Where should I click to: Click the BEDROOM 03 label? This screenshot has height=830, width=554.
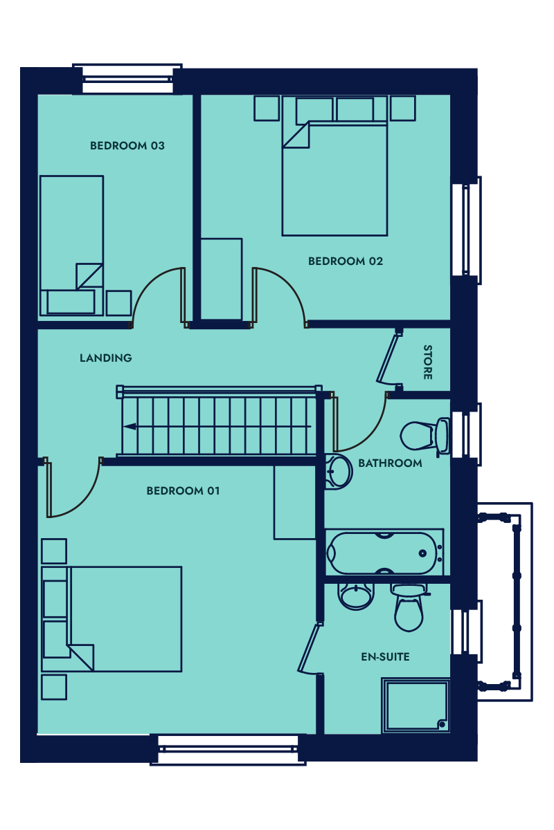click(x=127, y=146)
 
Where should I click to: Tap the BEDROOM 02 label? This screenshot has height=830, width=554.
click(x=346, y=261)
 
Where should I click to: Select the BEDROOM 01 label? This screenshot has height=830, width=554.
click(x=184, y=490)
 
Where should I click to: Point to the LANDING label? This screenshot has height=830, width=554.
click(x=106, y=358)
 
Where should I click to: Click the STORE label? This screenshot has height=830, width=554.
click(x=428, y=362)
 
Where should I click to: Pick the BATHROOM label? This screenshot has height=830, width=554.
click(x=390, y=463)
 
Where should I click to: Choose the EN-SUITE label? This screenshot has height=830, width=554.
click(x=385, y=657)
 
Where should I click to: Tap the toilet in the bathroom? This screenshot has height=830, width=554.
click(x=425, y=436)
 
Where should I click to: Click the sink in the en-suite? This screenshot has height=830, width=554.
click(x=355, y=596)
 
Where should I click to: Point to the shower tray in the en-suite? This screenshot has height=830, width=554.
click(x=416, y=706)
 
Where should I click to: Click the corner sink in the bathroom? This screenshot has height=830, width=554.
click(x=338, y=472)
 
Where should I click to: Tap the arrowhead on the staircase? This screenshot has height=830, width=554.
click(x=129, y=427)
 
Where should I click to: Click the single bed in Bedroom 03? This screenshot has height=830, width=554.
click(x=71, y=246)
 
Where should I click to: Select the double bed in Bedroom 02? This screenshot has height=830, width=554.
click(x=334, y=165)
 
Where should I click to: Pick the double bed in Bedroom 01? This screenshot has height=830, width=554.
click(x=111, y=619)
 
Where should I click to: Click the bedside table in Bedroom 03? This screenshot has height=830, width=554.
click(x=118, y=303)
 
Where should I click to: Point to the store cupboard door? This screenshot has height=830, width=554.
click(x=388, y=358)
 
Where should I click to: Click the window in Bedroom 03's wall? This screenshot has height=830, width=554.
click(x=127, y=79)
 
